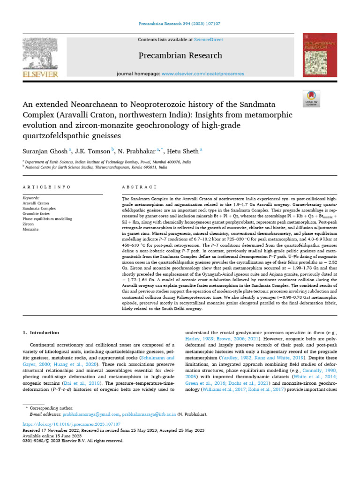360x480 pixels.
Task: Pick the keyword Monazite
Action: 30,229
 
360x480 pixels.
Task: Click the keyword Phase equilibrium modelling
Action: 47,218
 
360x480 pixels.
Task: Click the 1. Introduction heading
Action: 41,332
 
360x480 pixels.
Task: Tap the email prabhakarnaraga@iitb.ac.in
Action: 149,414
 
